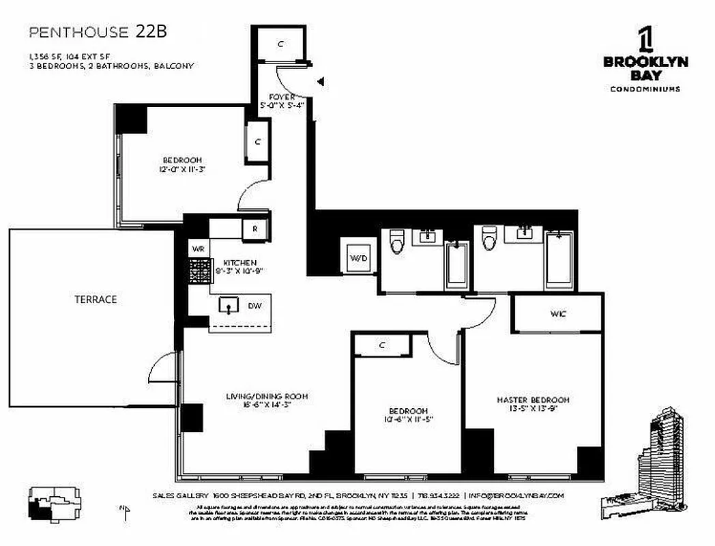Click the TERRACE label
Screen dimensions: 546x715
[96, 299]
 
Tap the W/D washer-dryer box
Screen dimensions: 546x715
[359, 257]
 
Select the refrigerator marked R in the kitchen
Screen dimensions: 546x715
[254, 229]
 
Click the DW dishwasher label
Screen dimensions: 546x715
[254, 306]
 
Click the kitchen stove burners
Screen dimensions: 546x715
[200, 272]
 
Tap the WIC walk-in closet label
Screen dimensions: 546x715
[558, 314]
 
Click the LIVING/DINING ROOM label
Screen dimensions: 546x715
[267, 400]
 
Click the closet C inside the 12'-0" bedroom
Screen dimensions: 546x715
[257, 142]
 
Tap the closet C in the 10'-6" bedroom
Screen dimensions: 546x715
[382, 346]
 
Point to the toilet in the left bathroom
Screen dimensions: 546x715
[397, 241]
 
